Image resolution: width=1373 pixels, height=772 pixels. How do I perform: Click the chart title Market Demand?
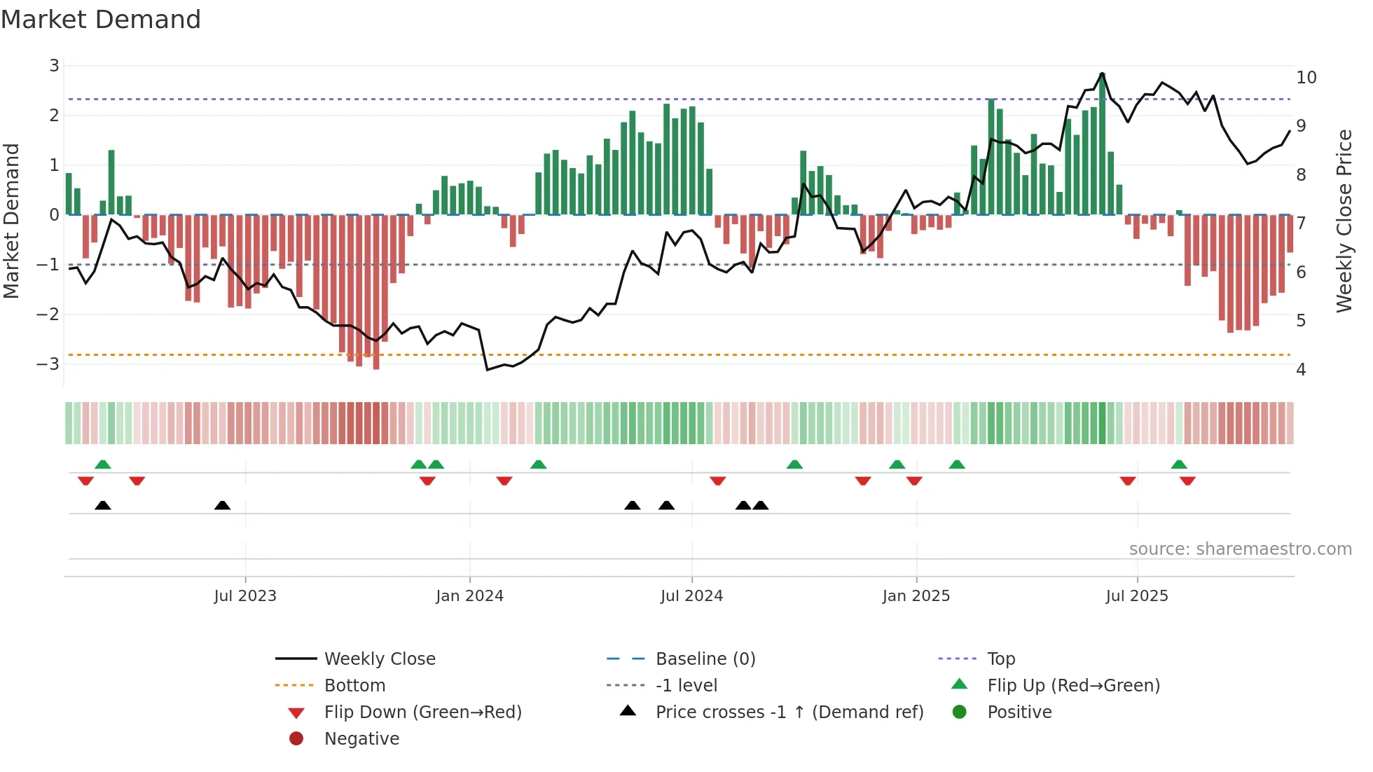tap(101, 20)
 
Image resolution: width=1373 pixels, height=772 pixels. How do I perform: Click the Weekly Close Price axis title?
tap(1344, 221)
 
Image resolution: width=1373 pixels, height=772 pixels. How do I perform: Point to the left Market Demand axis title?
tap(12, 221)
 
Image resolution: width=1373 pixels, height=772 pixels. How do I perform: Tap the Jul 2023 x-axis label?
tap(245, 596)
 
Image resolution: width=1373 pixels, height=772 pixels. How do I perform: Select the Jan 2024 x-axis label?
tap(469, 596)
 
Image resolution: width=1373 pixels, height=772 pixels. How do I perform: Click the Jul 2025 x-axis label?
tap(1137, 596)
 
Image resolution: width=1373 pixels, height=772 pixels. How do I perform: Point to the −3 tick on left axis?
tap(49, 364)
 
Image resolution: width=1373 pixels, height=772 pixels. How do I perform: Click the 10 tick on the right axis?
tap(1306, 78)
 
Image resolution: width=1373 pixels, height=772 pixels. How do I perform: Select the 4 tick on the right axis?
tap(1301, 370)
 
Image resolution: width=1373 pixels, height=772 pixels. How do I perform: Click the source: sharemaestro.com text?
tap(1240, 549)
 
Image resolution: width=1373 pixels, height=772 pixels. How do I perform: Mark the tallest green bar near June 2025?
tap(1102, 144)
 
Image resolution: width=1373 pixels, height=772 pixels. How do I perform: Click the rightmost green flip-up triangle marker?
tap(1179, 464)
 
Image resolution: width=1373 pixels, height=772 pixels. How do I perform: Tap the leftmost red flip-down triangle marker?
tap(85, 481)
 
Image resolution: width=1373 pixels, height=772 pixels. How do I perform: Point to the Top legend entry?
tap(1000, 659)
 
